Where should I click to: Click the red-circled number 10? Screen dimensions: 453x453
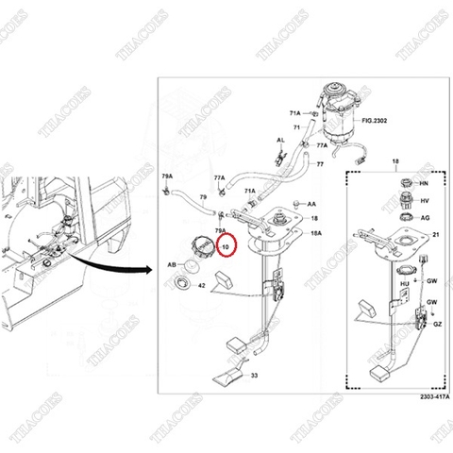pos(224,249)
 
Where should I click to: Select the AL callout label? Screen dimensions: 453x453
pos(279,140)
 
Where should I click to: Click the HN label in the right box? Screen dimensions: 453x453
pos(424,182)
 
